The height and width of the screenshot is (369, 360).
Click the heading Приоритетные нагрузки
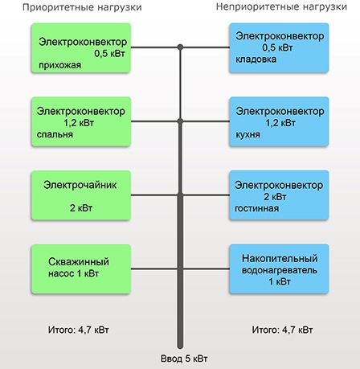82,7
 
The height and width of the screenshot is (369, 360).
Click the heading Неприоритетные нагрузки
281,6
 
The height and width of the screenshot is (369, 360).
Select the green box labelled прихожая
81,48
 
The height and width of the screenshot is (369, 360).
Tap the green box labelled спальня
81,121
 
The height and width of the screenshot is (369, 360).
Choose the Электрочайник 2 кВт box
81,195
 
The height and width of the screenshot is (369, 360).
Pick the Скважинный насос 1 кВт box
81,269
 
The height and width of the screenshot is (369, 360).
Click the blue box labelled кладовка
279,48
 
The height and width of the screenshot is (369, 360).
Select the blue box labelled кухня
279,121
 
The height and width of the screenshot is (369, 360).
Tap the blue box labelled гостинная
279,195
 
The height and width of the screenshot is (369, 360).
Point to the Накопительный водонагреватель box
279,269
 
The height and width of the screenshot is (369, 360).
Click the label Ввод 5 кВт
184,359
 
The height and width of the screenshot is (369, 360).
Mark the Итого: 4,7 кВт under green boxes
79,330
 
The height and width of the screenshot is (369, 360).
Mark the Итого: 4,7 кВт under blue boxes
282,330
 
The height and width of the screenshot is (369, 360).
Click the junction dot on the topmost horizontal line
180,47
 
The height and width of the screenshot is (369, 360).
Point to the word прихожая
59,65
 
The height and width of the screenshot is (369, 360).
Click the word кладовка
256,59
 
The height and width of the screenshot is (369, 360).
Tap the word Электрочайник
80,185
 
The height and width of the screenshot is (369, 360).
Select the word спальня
55,134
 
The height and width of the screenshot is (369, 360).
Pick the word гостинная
256,208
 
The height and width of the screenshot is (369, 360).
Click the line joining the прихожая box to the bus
155,47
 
